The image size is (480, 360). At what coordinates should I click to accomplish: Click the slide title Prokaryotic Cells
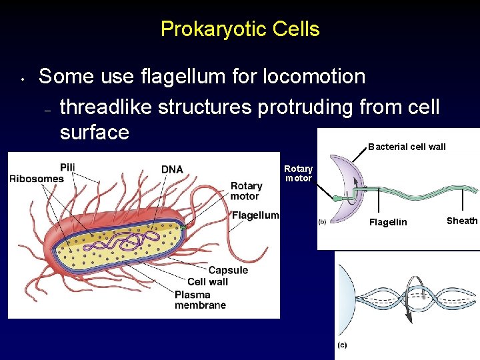coord(240,29)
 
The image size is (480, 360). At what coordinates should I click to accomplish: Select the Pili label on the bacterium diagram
coord(67,167)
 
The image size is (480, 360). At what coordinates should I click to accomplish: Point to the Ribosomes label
coord(36,178)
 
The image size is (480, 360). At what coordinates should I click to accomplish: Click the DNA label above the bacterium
coord(172,169)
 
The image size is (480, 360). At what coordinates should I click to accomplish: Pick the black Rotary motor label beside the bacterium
coord(246,191)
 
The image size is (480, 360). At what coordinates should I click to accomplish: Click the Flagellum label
coord(255,215)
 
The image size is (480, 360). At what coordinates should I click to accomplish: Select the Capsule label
coord(228,270)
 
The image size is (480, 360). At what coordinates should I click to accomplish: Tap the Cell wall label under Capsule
coord(208,282)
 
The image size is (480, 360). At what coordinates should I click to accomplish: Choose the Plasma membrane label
coord(200,300)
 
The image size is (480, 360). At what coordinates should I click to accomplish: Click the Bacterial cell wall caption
coord(407,147)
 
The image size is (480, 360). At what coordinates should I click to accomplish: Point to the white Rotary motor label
coord(298,173)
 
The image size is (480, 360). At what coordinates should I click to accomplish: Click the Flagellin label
coord(388,222)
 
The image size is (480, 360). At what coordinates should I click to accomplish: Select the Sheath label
coord(462,221)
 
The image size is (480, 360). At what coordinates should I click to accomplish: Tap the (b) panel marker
coord(321,222)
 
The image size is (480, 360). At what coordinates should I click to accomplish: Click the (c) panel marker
coord(341,345)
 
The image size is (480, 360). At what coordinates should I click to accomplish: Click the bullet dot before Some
coord(22,79)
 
